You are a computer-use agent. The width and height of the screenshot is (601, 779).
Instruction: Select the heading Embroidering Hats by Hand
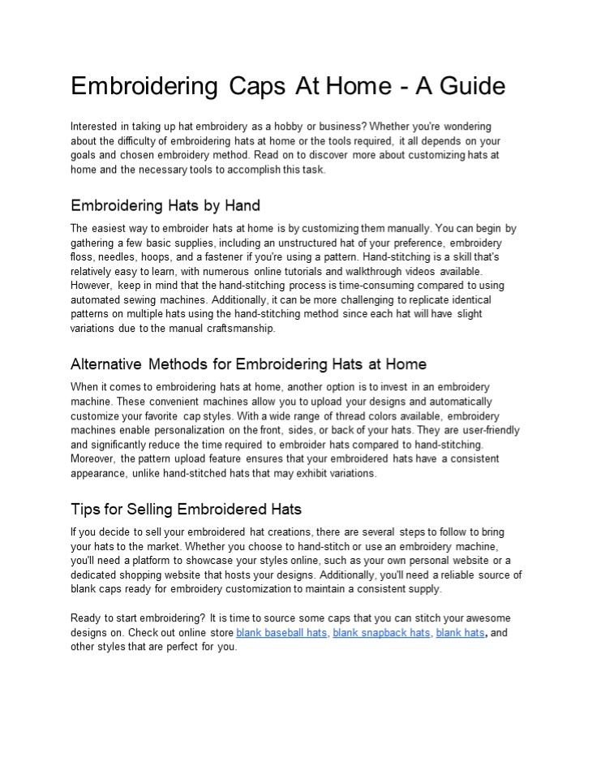(165, 205)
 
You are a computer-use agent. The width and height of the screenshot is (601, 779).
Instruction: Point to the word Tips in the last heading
(85, 510)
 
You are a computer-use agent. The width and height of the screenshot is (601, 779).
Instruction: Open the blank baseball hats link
(281, 632)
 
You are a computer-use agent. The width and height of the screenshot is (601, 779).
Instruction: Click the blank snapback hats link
(381, 632)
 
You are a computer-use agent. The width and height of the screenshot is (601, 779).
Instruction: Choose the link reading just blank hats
(460, 632)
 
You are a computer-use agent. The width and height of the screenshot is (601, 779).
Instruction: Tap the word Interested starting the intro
(93, 127)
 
